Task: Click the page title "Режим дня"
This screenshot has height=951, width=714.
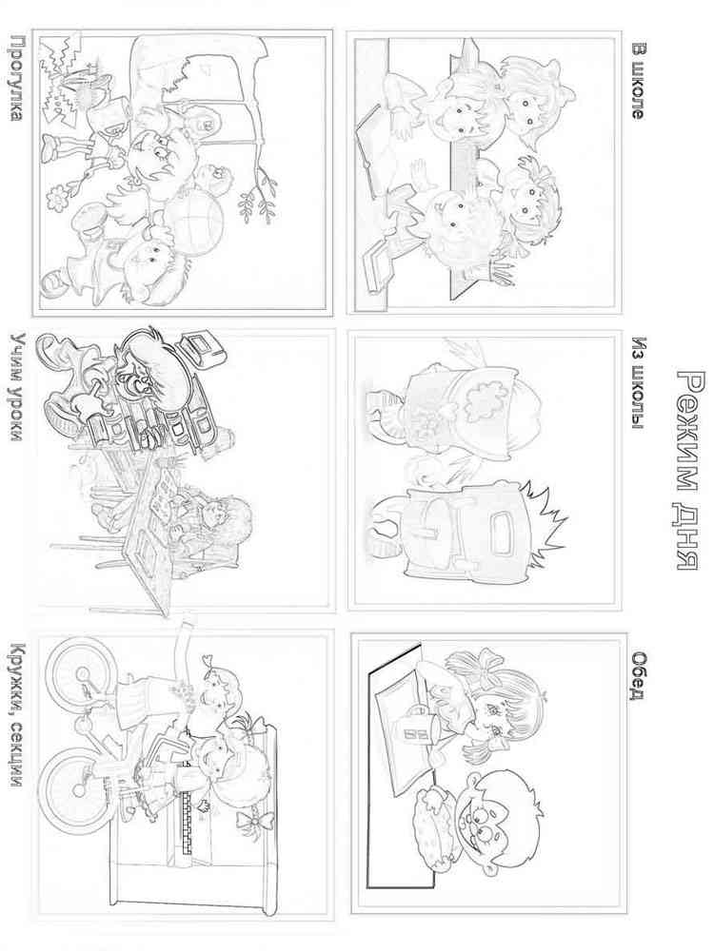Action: pyautogui.click(x=688, y=471)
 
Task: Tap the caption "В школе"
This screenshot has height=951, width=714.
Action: pyautogui.click(x=636, y=81)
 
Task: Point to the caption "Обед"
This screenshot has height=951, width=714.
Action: pyautogui.click(x=637, y=675)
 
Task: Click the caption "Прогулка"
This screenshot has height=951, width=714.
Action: pyautogui.click(x=15, y=78)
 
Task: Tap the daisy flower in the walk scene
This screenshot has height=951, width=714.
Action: pyautogui.click(x=58, y=197)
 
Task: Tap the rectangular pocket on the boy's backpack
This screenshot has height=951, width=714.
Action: pyautogui.click(x=496, y=534)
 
